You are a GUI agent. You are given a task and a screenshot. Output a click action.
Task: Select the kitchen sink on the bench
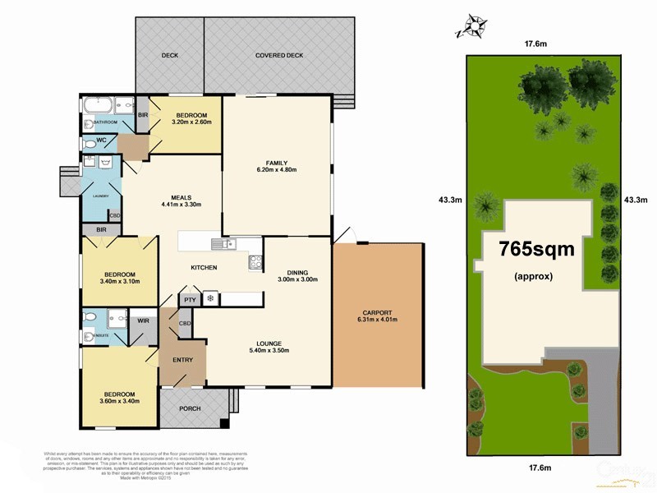coord(223,242)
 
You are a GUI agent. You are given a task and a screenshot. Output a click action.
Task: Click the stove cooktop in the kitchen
coord(255,263)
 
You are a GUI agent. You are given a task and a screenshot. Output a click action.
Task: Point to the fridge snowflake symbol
coord(209,299)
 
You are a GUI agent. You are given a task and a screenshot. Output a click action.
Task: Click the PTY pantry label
coord(189,300)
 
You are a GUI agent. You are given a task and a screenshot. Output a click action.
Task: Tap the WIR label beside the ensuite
coord(143,320)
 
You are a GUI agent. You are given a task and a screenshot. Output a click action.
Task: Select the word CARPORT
coord(377,312)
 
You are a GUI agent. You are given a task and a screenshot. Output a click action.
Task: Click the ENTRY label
coord(182,360)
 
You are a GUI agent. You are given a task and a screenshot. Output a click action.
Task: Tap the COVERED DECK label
coord(278,55)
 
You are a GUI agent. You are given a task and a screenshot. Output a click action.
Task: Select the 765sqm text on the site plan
coord(538,247)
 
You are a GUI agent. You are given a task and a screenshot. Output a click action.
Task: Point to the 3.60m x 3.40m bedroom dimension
coord(118,402)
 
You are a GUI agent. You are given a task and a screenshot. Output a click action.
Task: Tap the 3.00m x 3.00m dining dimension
coord(297,280)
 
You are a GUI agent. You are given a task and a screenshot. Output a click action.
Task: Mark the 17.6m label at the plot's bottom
coord(539,468)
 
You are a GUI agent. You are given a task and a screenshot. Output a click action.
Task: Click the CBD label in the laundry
coord(115,216)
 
